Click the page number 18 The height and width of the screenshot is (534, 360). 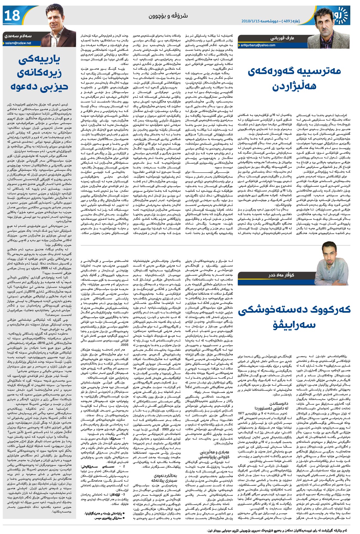point(12,16)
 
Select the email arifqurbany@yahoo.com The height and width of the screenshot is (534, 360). point(258,45)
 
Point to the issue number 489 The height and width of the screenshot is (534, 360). point(287,21)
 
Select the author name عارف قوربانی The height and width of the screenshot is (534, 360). point(282,38)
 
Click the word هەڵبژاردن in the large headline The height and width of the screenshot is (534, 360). point(294,86)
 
